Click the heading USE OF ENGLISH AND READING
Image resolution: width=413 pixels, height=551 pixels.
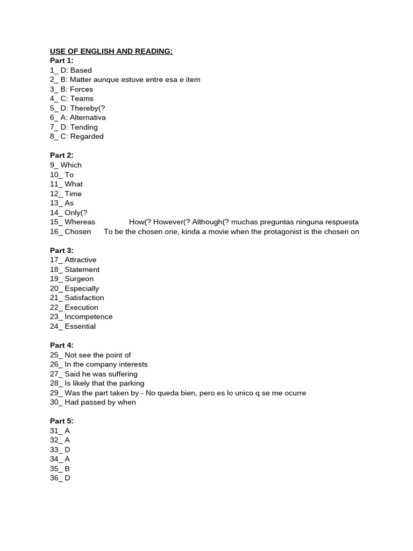[111, 51]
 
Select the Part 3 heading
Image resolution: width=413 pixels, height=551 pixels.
[62, 250]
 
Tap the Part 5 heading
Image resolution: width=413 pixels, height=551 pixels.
[62, 421]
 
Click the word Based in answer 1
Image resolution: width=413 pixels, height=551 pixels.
[81, 70]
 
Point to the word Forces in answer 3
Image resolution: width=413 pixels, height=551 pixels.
[81, 89]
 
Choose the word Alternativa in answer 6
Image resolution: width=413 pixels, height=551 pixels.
[88, 117]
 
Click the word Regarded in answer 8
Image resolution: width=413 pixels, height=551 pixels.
[87, 137]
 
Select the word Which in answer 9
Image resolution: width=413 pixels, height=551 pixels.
[71, 165]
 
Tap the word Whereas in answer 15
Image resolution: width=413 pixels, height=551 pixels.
[80, 222]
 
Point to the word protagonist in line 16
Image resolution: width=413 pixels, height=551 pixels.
[287, 232]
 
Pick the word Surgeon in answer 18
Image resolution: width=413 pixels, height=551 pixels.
[79, 279]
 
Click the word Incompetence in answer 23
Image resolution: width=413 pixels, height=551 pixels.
[89, 317]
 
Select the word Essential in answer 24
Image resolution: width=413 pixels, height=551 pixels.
[80, 326]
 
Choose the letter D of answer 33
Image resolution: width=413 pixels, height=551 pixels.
[68, 450]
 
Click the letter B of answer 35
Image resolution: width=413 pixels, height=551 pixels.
[68, 469]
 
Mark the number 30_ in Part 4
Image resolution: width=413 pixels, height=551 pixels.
[56, 402]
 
